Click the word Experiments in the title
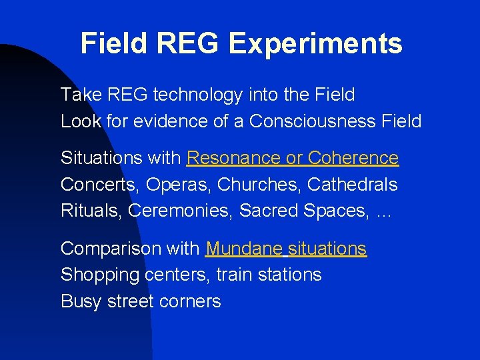[x=315, y=44]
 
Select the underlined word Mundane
[x=244, y=249]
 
